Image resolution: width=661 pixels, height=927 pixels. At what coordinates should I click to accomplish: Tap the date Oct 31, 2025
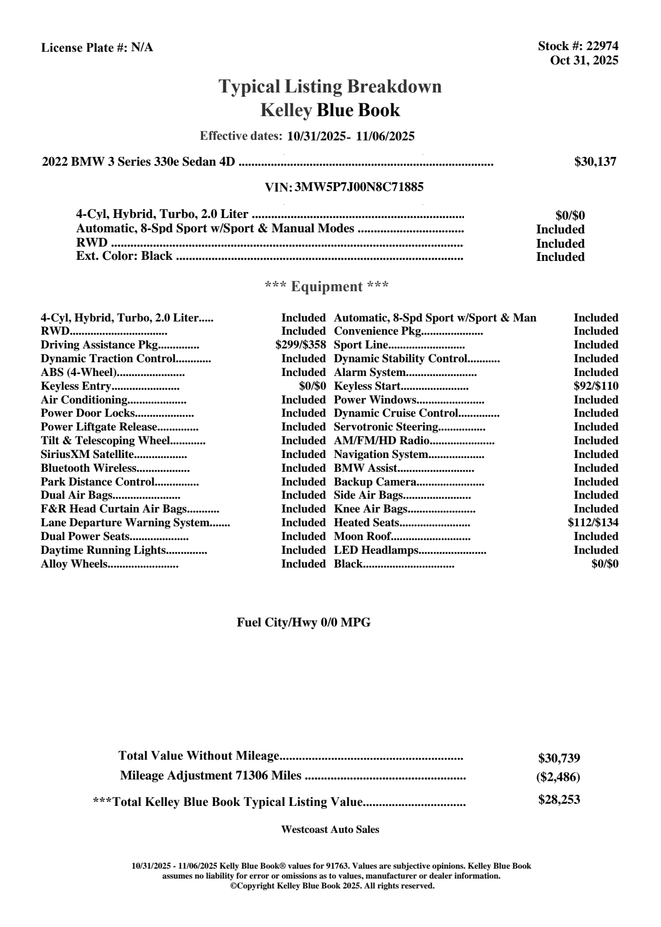(x=584, y=61)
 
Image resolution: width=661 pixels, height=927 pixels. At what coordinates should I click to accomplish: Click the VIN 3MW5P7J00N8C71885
(x=359, y=187)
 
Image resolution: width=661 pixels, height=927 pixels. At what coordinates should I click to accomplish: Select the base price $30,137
(x=595, y=162)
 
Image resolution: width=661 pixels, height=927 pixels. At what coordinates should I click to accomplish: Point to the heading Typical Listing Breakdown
(x=330, y=86)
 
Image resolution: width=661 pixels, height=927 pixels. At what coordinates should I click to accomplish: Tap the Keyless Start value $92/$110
(x=596, y=386)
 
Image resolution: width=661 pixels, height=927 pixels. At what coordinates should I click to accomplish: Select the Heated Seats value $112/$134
(x=593, y=523)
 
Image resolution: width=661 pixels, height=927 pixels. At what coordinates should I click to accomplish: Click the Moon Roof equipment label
(x=362, y=537)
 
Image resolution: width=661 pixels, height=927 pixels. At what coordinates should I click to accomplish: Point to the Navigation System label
(x=381, y=455)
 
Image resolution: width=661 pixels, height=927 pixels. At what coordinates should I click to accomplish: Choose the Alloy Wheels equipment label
(x=74, y=564)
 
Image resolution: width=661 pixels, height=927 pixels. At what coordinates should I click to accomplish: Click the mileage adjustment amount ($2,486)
(x=558, y=777)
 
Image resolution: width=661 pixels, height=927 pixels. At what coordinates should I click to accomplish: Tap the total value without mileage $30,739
(x=559, y=759)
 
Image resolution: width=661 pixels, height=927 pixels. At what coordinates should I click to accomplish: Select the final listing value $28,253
(x=559, y=800)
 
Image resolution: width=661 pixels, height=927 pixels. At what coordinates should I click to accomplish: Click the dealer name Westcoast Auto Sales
(x=330, y=830)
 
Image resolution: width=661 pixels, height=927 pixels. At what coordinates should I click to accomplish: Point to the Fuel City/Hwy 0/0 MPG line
(x=304, y=623)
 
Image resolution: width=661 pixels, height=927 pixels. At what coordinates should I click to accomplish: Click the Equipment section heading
(x=327, y=287)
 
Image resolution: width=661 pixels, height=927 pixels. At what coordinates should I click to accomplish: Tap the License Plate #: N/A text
(x=97, y=48)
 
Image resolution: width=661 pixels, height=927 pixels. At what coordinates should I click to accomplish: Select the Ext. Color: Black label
(x=124, y=257)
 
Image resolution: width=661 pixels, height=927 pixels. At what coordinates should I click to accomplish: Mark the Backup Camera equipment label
(x=375, y=482)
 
